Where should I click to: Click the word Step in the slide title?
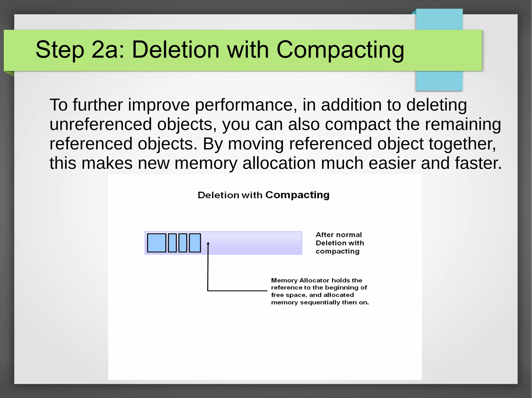[x=60, y=50]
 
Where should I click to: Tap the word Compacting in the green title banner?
[x=340, y=50]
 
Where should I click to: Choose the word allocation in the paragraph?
[x=279, y=163]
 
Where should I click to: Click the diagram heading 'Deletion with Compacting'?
[x=263, y=195]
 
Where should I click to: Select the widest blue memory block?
[x=157, y=243]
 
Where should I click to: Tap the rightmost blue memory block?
[x=195, y=243]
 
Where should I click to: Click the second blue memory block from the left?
[x=172, y=243]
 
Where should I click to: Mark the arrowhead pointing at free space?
[x=208, y=244]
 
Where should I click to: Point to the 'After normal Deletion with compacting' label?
[x=340, y=243]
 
